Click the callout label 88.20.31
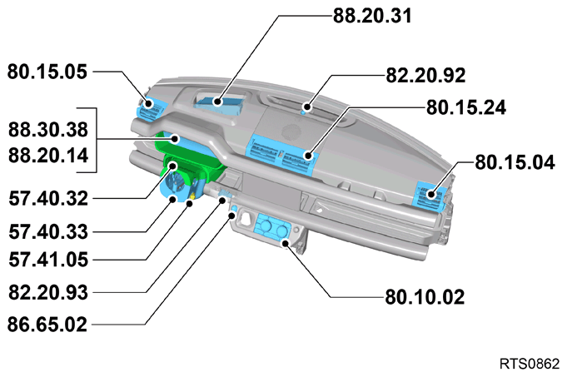point(372,16)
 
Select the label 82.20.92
point(425,76)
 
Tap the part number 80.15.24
point(466,107)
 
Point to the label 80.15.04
point(515,162)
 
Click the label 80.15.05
point(47,72)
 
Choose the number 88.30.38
point(48,130)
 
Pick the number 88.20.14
point(48,156)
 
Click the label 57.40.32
point(48,198)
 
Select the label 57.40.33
point(48,231)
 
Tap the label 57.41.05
point(48,260)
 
